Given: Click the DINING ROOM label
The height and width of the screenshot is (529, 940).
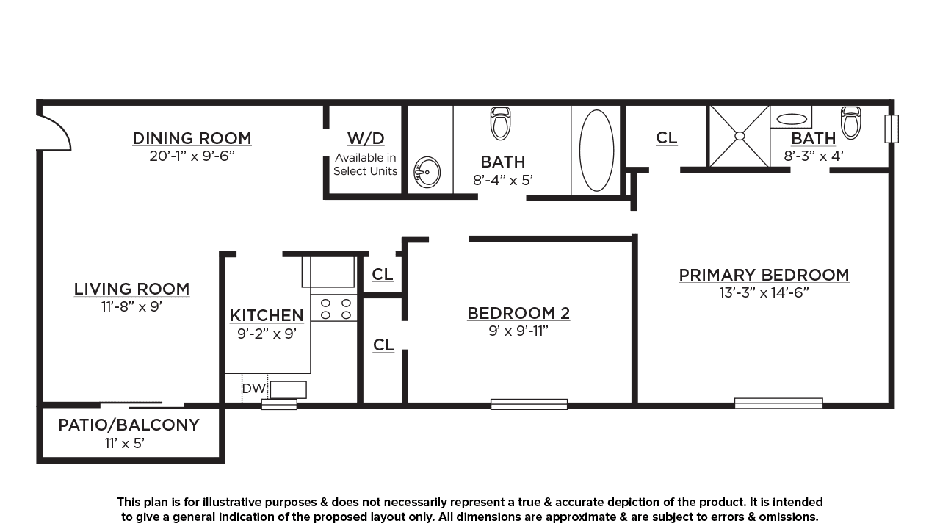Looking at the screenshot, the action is coord(192,138).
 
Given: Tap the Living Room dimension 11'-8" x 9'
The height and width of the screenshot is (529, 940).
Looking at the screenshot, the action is coord(131,307).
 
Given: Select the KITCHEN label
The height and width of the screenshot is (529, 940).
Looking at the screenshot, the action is coord(267,315).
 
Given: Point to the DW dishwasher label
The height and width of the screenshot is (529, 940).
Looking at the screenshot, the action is coord(254,389).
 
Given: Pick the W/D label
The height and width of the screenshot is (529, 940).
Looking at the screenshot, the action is coord(366,138).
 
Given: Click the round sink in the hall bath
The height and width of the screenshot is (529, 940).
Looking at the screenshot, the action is coord(427,173).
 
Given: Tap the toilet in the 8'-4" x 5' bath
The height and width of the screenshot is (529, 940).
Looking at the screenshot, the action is coord(500,123).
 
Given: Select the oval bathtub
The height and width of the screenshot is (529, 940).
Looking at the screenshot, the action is coord(596,151).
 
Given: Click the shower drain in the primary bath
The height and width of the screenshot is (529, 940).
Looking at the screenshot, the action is coord(740,136).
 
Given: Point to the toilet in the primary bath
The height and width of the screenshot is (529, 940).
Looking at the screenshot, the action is coord(851,123).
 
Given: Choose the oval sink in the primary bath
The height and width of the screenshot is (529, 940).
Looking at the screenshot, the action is coord(792,119).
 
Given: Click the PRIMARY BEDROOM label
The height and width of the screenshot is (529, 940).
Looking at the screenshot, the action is coord(764,275).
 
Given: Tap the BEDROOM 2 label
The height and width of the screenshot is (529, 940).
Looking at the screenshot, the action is coord(518,313).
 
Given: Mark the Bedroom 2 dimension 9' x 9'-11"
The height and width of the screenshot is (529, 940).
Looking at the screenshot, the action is coord(518,331).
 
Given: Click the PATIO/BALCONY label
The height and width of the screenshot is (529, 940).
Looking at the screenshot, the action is coord(129,425).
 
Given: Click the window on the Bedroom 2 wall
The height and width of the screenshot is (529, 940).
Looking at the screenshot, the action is coord(529,404).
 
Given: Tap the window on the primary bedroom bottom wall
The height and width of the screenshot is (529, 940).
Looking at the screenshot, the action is coord(778,403).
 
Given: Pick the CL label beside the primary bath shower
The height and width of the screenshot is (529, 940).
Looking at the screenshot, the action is coord(666,137).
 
